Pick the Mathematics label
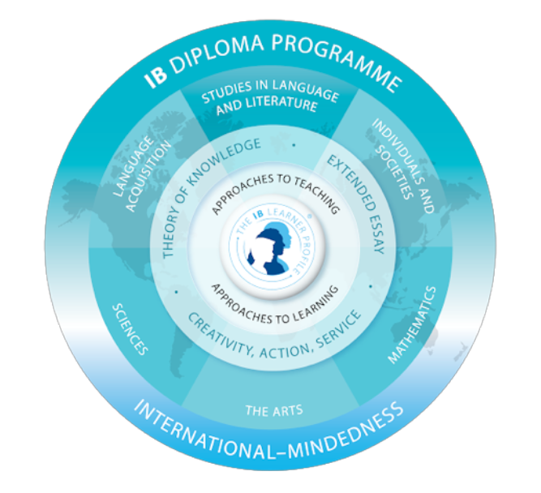412,324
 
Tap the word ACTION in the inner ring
281,339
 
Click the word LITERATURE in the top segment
281,106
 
